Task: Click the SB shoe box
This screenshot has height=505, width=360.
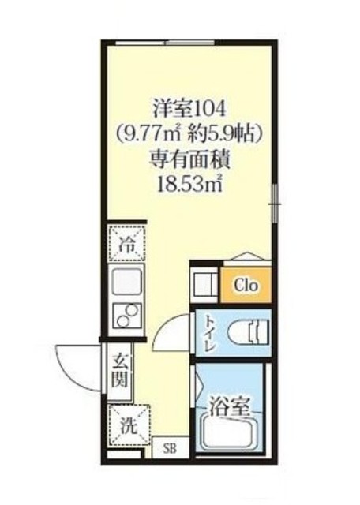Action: pos(167,450)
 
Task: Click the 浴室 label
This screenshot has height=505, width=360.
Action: pos(230,407)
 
